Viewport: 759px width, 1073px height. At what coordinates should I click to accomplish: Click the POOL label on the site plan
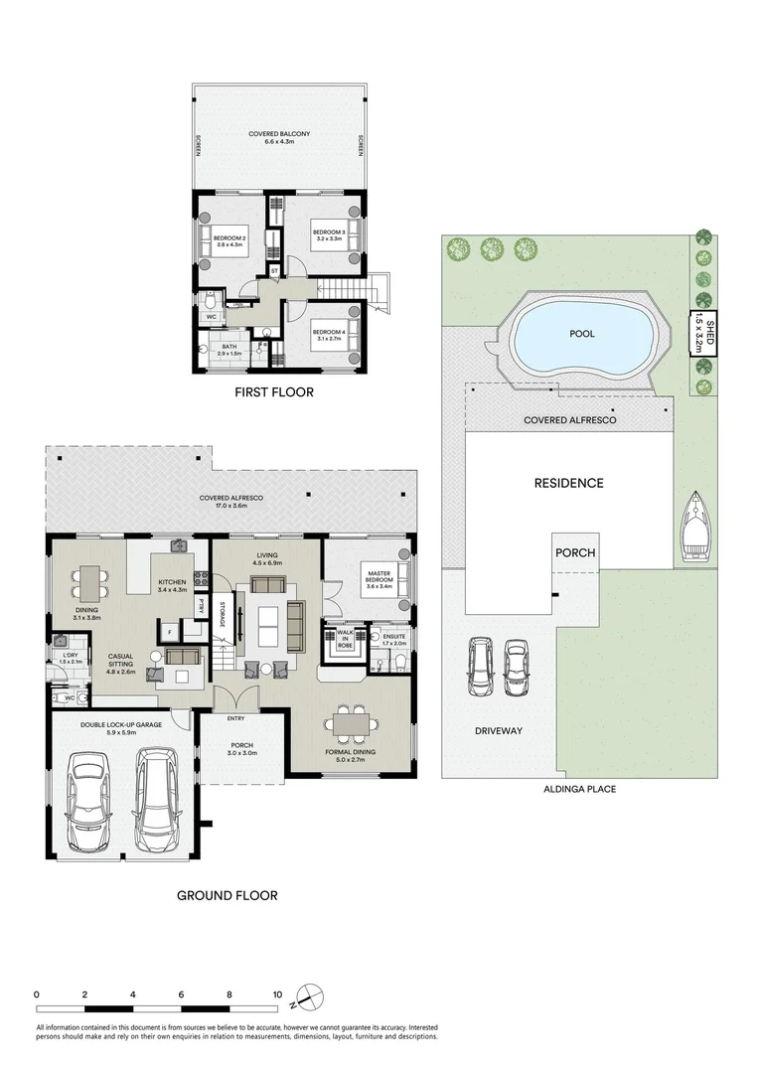581,334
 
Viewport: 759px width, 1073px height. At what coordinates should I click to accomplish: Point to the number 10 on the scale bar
277,994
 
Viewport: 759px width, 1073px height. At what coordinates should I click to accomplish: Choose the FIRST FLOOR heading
273,392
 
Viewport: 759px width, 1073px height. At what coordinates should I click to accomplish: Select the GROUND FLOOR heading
227,895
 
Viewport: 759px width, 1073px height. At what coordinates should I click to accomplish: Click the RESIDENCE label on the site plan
568,483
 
